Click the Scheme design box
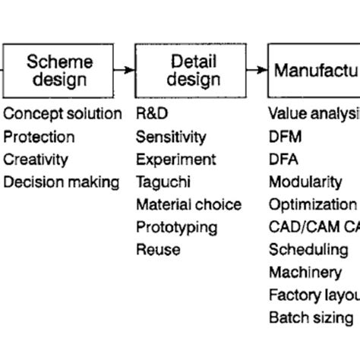tap(60, 70)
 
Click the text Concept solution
tap(62, 115)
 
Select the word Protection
tap(39, 137)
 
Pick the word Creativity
tap(36, 159)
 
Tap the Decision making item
tap(61, 182)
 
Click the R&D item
tap(152, 115)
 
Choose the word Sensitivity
tap(171, 137)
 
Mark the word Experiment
tap(175, 159)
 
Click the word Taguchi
tap(163, 182)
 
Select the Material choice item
tap(188, 205)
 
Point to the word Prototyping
tap(176, 227)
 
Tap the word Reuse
tap(158, 249)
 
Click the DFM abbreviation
tap(285, 137)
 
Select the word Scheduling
tap(308, 250)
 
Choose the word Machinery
tap(305, 272)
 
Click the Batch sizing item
tap(311, 317)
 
